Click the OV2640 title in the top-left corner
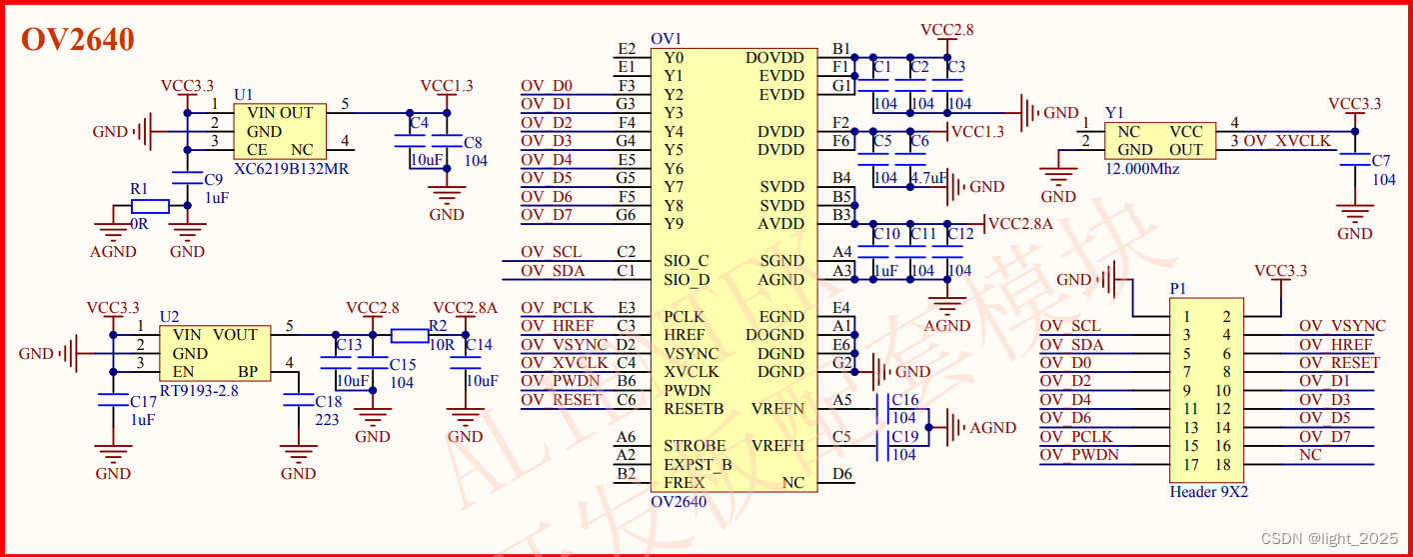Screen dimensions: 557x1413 [78, 40]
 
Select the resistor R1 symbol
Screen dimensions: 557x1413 [150, 206]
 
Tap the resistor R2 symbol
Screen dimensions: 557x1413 [410, 335]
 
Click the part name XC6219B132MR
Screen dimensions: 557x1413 [291, 169]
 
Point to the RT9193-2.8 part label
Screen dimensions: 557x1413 [200, 391]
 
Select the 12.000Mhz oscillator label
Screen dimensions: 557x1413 [1142, 169]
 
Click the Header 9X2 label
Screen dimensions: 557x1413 [1208, 492]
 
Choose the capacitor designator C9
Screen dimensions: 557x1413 [213, 180]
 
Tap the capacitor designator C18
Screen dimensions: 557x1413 [328, 401]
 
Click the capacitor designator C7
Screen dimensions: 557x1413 [1381, 161]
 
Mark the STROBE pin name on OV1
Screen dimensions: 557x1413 [695, 446]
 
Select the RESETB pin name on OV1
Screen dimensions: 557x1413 [694, 409]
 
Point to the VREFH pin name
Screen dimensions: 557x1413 [777, 446]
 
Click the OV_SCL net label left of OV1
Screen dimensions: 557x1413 [552, 252]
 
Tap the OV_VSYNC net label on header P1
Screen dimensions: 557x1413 [1342, 326]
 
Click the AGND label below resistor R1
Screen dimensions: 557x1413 [112, 252]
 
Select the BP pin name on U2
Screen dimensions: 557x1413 [249, 372]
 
